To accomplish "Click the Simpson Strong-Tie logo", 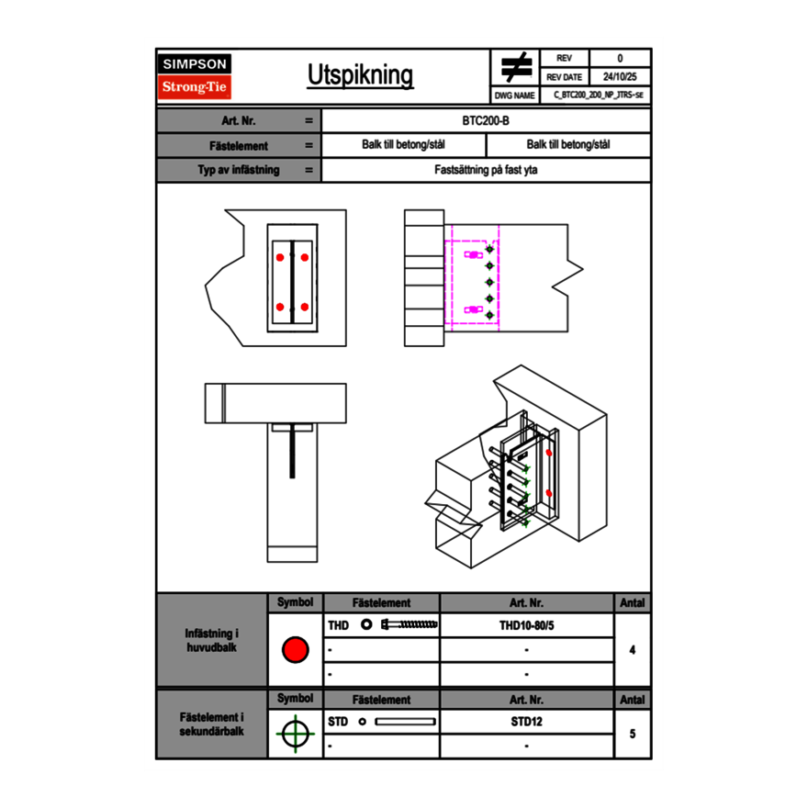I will (195, 76).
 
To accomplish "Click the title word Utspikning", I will (360, 76).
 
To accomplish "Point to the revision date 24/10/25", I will (620, 77).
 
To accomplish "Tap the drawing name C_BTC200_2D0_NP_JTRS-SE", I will (598, 95).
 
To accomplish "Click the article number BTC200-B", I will (487, 120).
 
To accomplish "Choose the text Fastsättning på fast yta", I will (487, 170).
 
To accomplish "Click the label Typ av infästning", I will (239, 170).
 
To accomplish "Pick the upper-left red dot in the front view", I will (280, 257).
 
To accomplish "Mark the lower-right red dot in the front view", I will (305, 307).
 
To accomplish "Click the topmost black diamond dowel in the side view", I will (489, 250).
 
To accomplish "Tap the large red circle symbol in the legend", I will (295, 650).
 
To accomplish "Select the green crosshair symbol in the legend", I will (295, 734).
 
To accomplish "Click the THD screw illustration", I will (410, 625).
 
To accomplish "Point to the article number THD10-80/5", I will (526, 625).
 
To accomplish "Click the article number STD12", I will (526, 722).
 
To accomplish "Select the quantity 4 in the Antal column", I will (632, 650).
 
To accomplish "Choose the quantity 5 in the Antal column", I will (632, 734).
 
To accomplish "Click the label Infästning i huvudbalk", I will (212, 641).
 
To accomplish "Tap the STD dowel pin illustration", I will (405, 722).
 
